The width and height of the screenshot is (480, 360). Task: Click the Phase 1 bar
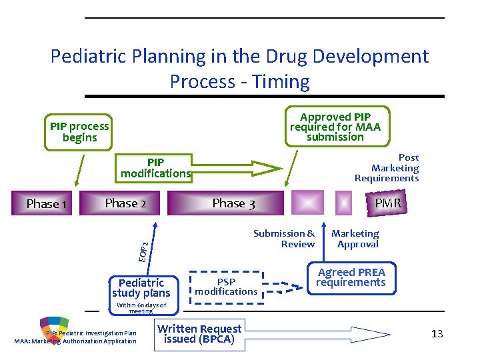[x=46, y=203]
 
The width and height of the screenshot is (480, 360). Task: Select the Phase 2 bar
[x=125, y=203]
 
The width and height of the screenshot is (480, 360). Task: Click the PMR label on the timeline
[x=387, y=203]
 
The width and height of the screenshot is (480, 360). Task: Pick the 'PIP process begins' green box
[x=79, y=132]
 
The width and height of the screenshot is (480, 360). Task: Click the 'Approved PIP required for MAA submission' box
[x=335, y=127]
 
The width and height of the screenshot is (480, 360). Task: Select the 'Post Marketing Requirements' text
[x=387, y=168]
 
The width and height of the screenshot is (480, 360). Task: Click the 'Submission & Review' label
[x=285, y=239]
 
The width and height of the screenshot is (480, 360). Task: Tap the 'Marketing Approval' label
[x=355, y=239]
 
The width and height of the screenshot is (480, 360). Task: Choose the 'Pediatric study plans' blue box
[x=141, y=288]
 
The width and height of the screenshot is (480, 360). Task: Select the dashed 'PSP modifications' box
[x=227, y=287]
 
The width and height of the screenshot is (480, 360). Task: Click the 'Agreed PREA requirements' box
[x=351, y=277]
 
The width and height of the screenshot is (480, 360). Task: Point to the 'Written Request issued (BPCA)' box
[x=199, y=333]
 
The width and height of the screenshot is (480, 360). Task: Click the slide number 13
[x=437, y=334]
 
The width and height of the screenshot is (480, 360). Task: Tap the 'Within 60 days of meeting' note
[x=141, y=308]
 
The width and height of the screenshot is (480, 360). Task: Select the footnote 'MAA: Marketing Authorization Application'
[x=75, y=341]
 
